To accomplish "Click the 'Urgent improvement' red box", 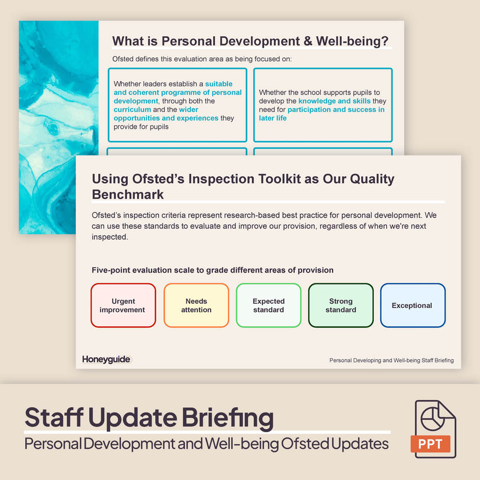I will tap(123, 305).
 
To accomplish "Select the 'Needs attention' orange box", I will tap(196, 305).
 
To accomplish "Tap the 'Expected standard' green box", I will tap(268, 305).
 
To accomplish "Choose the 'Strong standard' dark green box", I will tap(341, 305).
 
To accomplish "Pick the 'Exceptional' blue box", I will tap(412, 305).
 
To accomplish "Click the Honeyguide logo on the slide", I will tap(106, 359).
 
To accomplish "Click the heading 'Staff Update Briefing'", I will tap(149, 418).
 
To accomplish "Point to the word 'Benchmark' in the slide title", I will tap(128, 194).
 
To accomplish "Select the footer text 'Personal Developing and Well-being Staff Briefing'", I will tap(391, 360).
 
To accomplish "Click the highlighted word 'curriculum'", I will tap(132, 110).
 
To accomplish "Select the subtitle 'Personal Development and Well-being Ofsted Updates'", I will tap(206, 444).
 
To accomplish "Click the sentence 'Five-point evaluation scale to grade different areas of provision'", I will tap(212, 270).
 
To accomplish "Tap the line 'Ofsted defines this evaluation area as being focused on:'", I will tap(202, 59).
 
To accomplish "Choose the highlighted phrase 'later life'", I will tap(273, 118).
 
